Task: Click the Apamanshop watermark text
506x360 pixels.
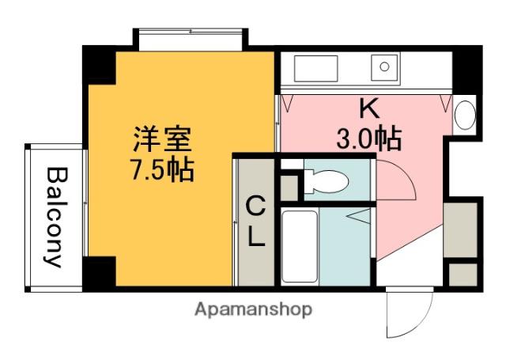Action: coord(253,309)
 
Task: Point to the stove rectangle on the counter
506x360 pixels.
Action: coord(315,68)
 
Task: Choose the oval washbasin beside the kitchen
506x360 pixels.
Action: coord(464,116)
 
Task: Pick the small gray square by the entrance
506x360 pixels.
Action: coord(462,274)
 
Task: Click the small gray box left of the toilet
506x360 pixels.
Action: coord(289,187)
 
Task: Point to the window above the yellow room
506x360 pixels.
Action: coord(190,37)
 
